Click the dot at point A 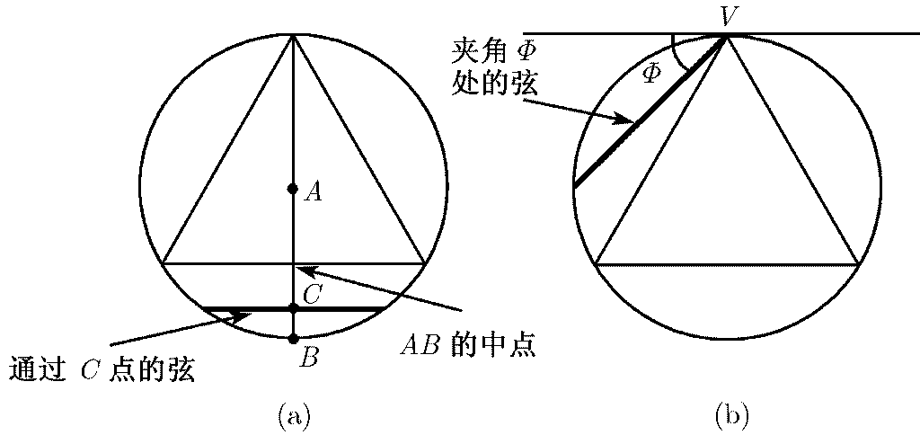292,189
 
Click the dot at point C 293,308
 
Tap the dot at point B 293,339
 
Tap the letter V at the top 730,15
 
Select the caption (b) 730,415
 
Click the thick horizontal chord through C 341,308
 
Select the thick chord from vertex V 647,111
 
